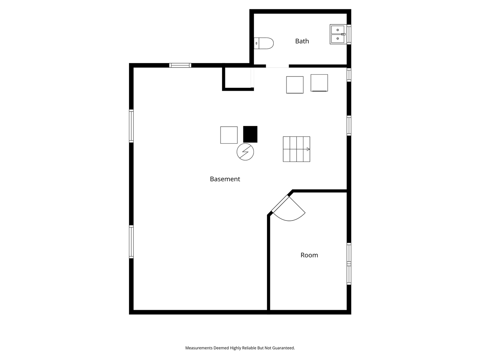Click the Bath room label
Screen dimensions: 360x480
[302, 41]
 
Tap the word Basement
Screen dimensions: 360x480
[225, 179]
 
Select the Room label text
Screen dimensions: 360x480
[309, 255]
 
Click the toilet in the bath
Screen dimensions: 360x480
[264, 43]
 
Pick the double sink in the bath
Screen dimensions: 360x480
[337, 34]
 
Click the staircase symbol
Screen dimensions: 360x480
[296, 149]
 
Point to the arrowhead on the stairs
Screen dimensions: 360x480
[308, 149]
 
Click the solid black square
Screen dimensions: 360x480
[250, 134]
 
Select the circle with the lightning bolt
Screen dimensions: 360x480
[245, 152]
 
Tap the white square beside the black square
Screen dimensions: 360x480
[229, 135]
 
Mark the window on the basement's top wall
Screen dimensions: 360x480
[180, 65]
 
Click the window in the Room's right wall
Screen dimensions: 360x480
[349, 264]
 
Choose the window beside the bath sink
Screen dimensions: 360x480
[349, 34]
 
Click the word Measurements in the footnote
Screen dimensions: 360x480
[199, 348]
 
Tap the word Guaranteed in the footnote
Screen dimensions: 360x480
[283, 348]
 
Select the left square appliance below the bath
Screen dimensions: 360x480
[295, 85]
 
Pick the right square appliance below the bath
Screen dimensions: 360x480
[319, 83]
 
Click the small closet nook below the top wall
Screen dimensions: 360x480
[238, 78]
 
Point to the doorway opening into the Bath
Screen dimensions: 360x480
[277, 66]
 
